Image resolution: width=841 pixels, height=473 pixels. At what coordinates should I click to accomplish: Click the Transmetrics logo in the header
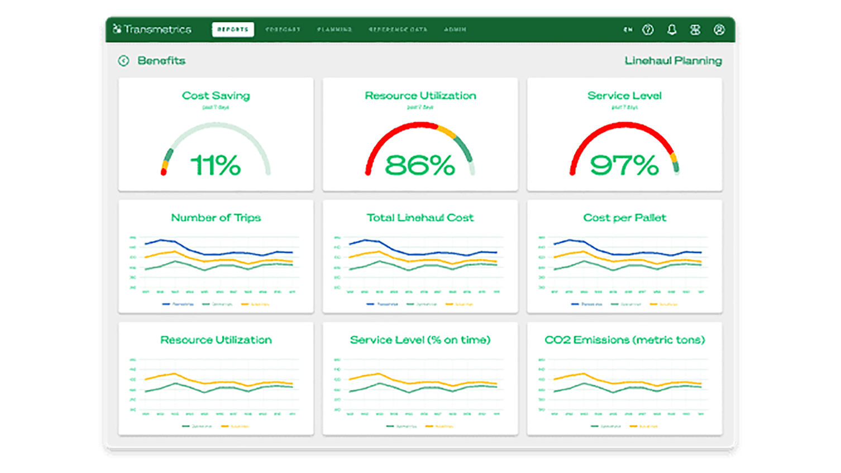coord(152,29)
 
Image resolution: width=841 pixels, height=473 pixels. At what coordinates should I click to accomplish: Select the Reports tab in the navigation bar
coord(233,30)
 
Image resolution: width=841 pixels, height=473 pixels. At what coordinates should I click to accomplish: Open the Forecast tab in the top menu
coord(283,30)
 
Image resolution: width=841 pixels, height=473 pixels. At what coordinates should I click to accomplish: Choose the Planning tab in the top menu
coord(335,30)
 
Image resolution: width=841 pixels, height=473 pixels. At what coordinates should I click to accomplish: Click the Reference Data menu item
coord(398,30)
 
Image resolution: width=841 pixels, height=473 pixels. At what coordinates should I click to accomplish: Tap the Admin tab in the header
coord(455,30)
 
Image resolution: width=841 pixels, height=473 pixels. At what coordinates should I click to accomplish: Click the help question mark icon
coord(648,30)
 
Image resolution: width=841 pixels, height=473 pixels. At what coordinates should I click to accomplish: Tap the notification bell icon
coord(672,30)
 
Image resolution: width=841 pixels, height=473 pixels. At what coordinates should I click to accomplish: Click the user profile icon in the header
coord(719,30)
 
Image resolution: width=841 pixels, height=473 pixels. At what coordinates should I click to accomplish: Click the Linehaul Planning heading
coord(673,60)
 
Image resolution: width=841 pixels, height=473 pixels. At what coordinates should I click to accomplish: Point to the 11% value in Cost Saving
coord(216,165)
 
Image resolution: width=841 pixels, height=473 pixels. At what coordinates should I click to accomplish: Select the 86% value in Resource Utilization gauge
coord(420,165)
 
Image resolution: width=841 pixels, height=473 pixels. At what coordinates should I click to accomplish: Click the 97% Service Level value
coord(624,165)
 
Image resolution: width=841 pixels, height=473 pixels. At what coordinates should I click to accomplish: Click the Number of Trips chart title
coord(216,218)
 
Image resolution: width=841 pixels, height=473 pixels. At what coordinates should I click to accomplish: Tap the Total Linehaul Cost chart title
coord(420,218)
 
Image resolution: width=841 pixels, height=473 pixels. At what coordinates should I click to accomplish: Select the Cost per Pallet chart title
coord(624,218)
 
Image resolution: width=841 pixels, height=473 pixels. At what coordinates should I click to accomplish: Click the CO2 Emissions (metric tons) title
coord(624,340)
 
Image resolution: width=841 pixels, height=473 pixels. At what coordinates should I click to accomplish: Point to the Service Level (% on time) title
coord(420,340)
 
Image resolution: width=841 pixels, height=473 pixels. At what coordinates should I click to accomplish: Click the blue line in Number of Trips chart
coord(190,250)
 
